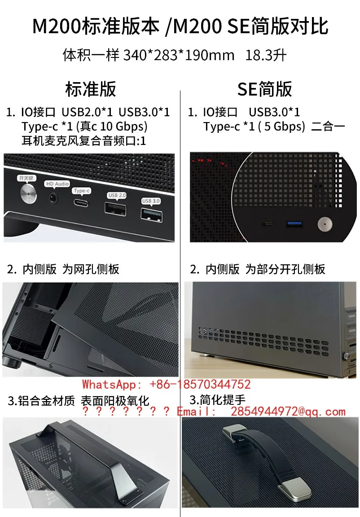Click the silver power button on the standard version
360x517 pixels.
click(x=29, y=193)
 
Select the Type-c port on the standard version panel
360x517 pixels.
click(x=80, y=202)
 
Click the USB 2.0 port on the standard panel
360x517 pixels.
click(x=115, y=208)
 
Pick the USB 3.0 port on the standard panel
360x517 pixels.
click(x=151, y=215)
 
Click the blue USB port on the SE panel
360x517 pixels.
click(x=295, y=224)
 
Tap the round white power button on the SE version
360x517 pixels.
click(x=325, y=224)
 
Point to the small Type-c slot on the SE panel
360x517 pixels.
click(x=268, y=224)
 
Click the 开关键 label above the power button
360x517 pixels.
click(x=26, y=178)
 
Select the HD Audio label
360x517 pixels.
click(x=57, y=184)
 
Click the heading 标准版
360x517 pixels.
click(x=91, y=89)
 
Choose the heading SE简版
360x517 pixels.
click(x=265, y=89)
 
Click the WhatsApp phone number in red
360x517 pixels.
click(x=200, y=384)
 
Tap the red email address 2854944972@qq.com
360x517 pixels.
click(x=288, y=412)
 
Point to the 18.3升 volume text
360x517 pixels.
click(x=266, y=55)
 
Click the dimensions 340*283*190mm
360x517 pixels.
click(x=179, y=55)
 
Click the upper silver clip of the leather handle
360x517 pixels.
click(x=235, y=433)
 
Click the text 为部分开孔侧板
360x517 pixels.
click(x=285, y=269)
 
